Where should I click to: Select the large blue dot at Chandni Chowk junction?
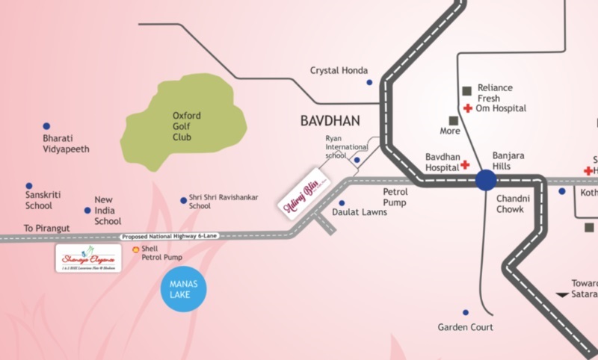pyautogui.click(x=486, y=180)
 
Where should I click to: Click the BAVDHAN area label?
pyautogui.click(x=330, y=120)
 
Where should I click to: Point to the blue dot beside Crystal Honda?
pyautogui.click(x=369, y=82)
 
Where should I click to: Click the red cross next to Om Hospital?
pyautogui.click(x=467, y=109)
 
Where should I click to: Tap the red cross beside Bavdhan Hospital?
pyautogui.click(x=464, y=164)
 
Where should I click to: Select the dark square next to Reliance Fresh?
pyautogui.click(x=467, y=90)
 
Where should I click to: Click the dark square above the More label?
pyautogui.click(x=453, y=120)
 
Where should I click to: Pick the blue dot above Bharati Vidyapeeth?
pyautogui.click(x=46, y=126)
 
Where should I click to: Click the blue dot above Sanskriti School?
pyautogui.click(x=29, y=186)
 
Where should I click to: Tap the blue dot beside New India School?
pyautogui.click(x=87, y=211)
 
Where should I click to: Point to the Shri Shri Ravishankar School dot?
pyautogui.click(x=183, y=200)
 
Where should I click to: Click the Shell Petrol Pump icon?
pyautogui.click(x=135, y=249)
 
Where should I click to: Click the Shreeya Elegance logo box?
pyautogui.click(x=88, y=258)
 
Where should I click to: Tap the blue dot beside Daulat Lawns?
pyautogui.click(x=342, y=202)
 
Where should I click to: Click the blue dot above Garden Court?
pyautogui.click(x=465, y=312)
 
